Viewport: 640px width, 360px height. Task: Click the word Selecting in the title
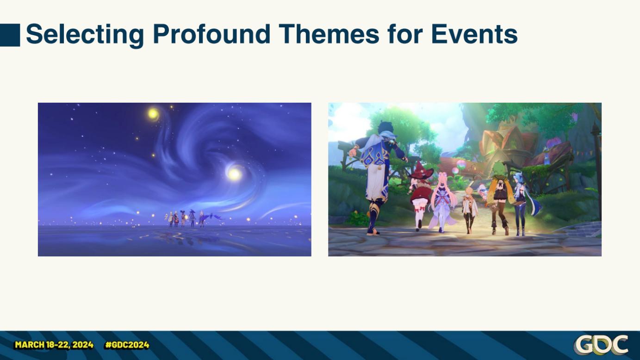(x=85, y=35)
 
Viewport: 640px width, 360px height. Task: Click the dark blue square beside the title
(x=10, y=35)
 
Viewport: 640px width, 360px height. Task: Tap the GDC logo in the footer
(x=601, y=345)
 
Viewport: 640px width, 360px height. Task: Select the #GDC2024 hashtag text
(x=127, y=345)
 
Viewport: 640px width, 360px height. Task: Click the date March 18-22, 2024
(x=54, y=345)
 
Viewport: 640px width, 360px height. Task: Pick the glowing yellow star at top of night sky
(x=154, y=114)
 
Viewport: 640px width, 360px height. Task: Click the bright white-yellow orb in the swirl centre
(x=234, y=174)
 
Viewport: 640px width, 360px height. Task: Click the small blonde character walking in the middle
(x=469, y=210)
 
